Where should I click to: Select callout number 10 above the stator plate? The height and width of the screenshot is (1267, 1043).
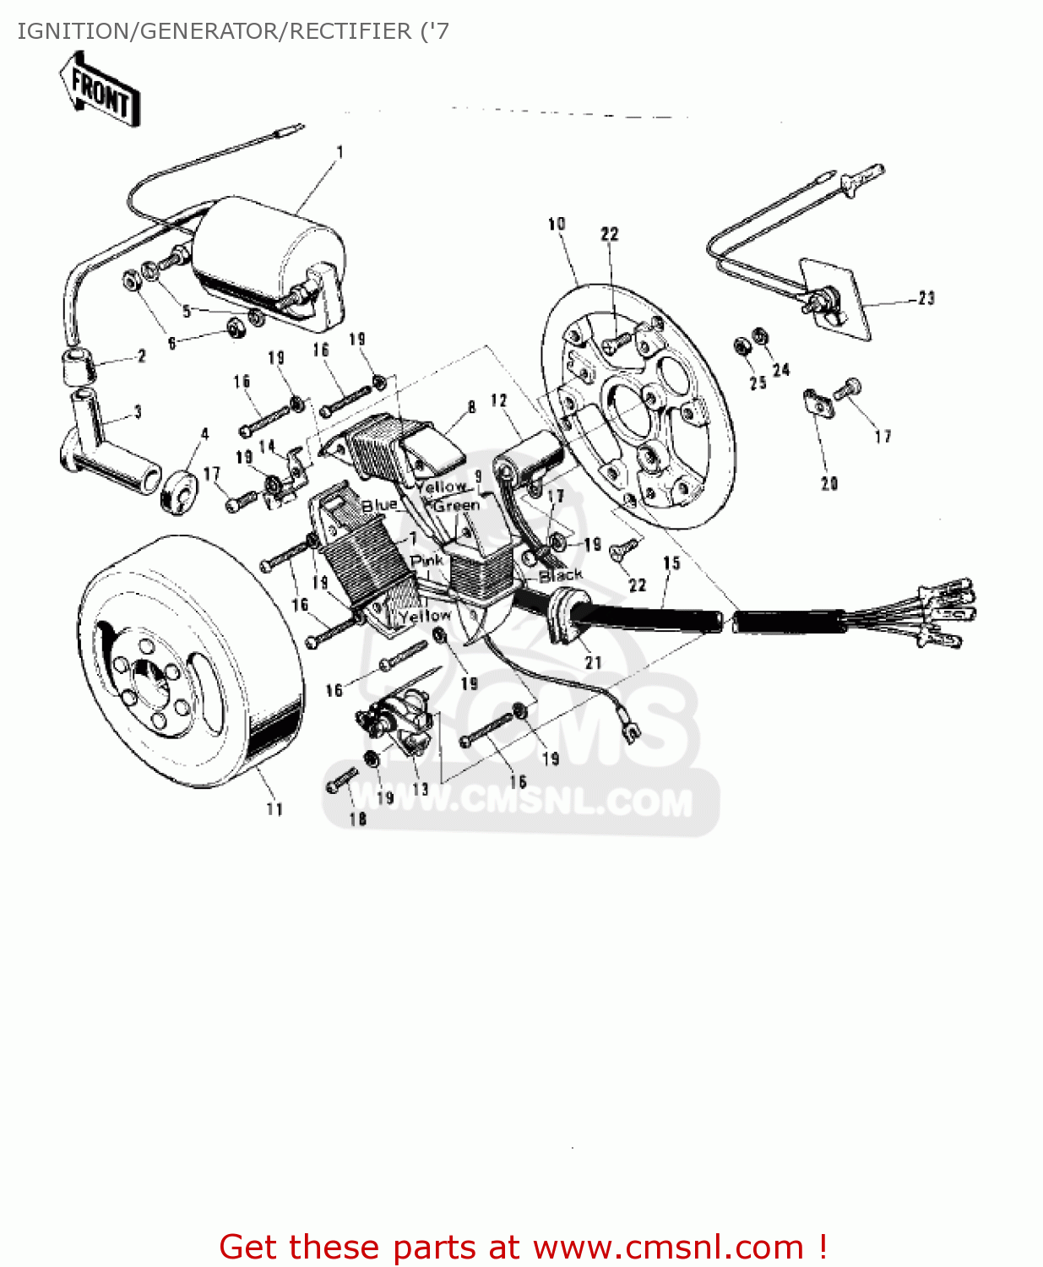tap(557, 224)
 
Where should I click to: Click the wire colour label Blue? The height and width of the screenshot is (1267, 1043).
tap(379, 505)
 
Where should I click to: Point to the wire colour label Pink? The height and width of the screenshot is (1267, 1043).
tap(426, 561)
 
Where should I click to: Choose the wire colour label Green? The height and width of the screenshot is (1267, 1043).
tap(457, 505)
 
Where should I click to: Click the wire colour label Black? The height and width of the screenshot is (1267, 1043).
tap(561, 575)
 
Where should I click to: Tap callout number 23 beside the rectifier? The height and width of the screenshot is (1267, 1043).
tap(926, 298)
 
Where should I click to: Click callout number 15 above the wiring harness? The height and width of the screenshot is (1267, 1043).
tap(671, 563)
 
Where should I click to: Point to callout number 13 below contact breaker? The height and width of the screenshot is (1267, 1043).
tap(420, 789)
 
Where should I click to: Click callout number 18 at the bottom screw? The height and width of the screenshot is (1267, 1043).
tap(358, 818)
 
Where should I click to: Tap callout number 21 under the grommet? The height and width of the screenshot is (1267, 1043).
tap(594, 662)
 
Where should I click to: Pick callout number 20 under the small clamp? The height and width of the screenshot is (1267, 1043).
tap(829, 483)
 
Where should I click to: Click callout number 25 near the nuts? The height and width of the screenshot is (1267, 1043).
tap(758, 383)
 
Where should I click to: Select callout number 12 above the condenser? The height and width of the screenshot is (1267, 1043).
tap(499, 400)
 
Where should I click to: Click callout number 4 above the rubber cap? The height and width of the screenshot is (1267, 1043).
tap(204, 434)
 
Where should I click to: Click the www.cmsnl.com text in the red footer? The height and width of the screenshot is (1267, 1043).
tap(667, 1247)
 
